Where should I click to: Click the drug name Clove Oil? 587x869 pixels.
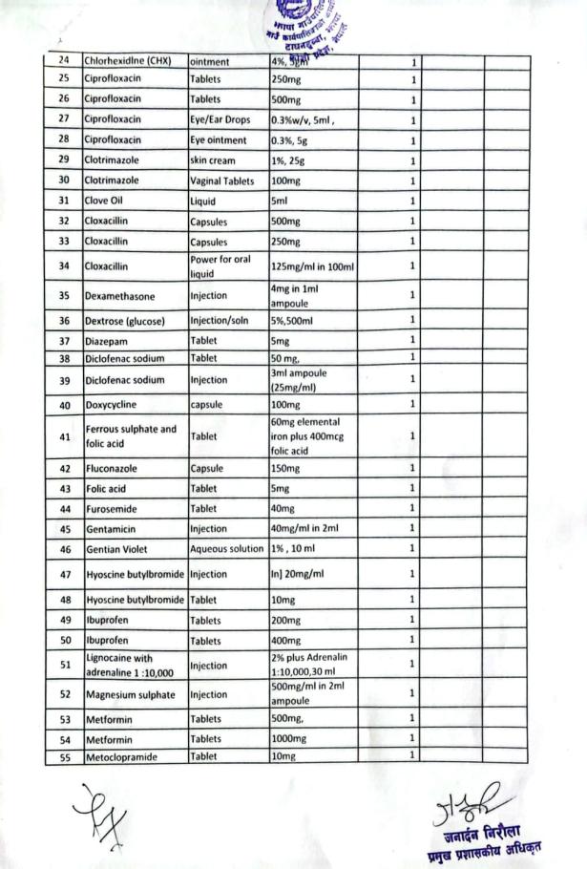click(106, 201)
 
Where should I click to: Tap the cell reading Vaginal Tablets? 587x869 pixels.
click(221, 180)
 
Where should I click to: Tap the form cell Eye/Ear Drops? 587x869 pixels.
click(223, 119)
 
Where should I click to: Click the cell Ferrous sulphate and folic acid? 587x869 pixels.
click(130, 434)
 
